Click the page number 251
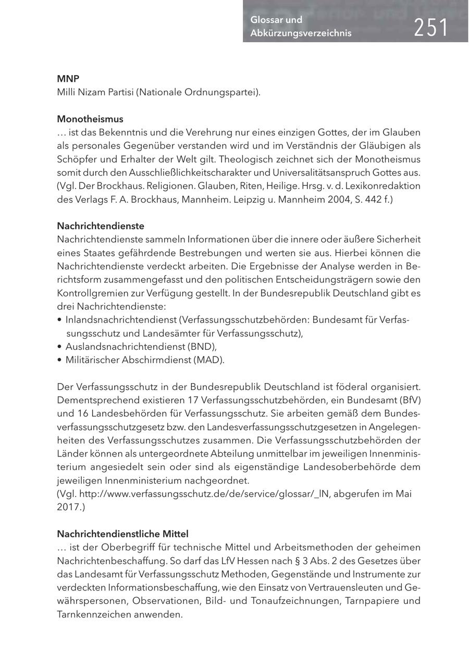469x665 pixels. [x=431, y=27]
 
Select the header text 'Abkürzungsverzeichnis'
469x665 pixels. [x=301, y=33]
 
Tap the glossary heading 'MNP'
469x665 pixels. [x=68, y=79]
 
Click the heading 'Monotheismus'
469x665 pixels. [x=90, y=119]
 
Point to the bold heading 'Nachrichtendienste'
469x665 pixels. [x=100, y=226]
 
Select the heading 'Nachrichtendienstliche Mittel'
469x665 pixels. [x=122, y=534]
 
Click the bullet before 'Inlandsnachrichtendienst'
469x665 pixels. [x=60, y=319]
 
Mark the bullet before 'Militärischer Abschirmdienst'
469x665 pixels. [x=60, y=360]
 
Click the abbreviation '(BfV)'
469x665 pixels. [x=409, y=400]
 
